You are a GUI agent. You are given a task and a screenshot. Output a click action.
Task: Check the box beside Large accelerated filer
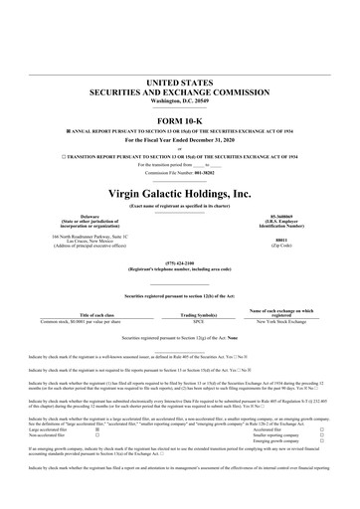96,430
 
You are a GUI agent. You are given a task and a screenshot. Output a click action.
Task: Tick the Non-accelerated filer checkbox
96,436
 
